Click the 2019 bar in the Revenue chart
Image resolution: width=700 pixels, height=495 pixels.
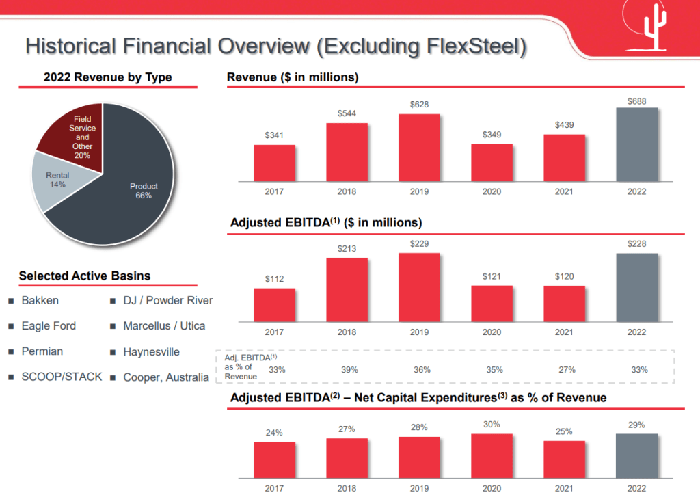coord(419,148)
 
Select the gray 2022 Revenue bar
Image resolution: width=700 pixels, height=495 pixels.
coord(636,144)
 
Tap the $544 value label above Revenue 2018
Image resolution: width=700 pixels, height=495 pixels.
coord(347,113)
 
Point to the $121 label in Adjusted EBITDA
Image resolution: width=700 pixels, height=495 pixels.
coord(492,276)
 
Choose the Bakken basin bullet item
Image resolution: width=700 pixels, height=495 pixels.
coord(40,300)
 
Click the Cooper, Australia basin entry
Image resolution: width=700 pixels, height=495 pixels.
coord(165,377)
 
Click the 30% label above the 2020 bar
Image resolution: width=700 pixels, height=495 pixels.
coord(492,424)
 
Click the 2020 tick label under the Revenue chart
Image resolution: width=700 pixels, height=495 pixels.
coord(492,191)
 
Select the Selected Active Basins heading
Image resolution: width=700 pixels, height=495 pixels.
coord(85,276)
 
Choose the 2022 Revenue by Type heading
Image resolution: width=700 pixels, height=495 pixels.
coord(107,77)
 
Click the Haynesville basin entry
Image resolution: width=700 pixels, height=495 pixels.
coord(151,352)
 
